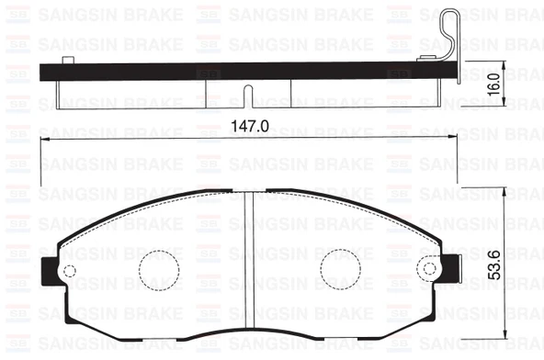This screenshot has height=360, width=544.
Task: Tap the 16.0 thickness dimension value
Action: click(x=493, y=85)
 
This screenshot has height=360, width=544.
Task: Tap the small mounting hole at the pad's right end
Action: click(x=426, y=267)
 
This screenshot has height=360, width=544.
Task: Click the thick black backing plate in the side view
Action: click(x=248, y=69)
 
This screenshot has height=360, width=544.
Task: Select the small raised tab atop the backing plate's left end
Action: click(x=65, y=59)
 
